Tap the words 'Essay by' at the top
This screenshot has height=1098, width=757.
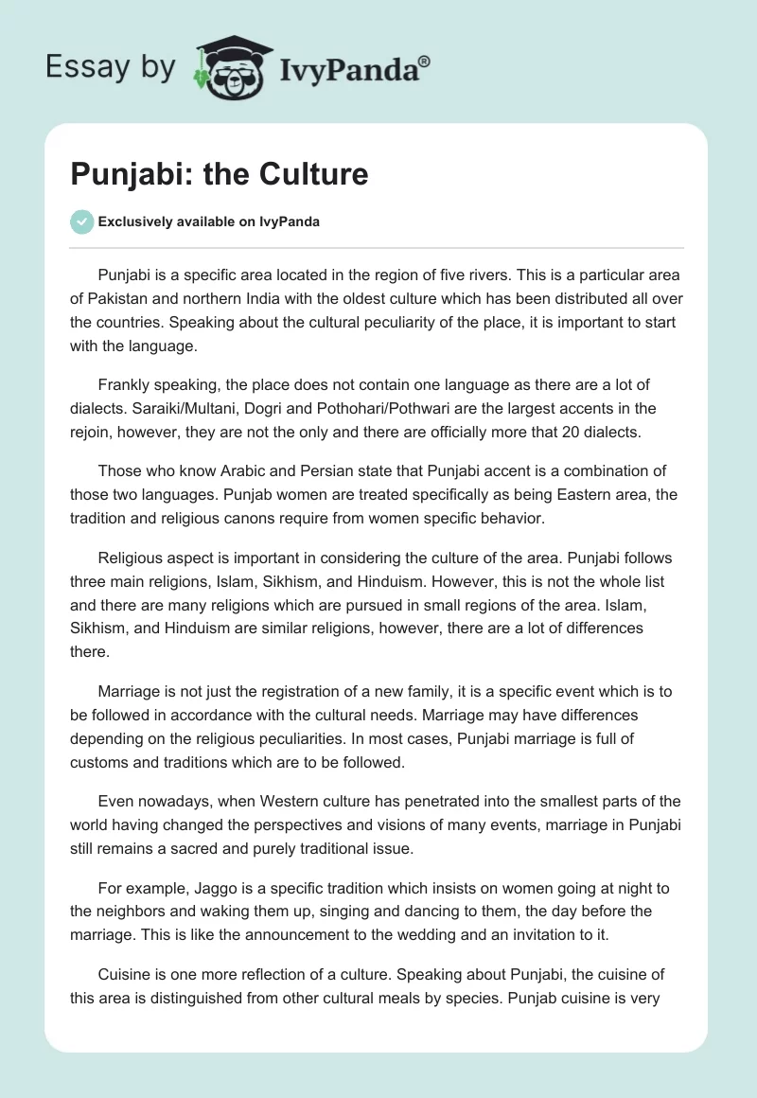111,67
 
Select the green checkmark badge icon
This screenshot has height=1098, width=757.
81,221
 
